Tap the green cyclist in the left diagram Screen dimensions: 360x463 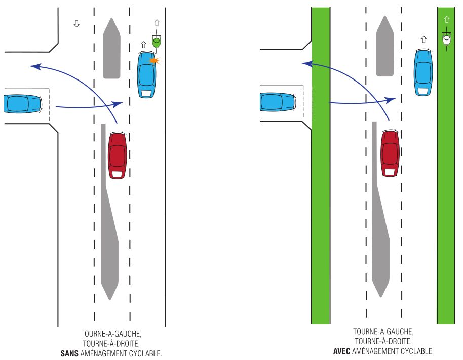tap(157, 42)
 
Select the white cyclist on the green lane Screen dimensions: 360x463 tap(446, 39)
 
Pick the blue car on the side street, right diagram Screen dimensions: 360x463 tap(278, 102)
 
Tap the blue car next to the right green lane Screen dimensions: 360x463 tap(423, 72)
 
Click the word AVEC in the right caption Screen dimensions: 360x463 tap(342, 351)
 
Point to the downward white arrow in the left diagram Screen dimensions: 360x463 tap(76, 24)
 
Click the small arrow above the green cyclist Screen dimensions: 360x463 tap(157, 23)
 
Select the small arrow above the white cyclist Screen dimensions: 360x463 tap(446, 20)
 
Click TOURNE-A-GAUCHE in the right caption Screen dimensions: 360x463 tap(383, 332)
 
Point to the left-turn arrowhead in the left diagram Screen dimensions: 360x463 tap(33, 66)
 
